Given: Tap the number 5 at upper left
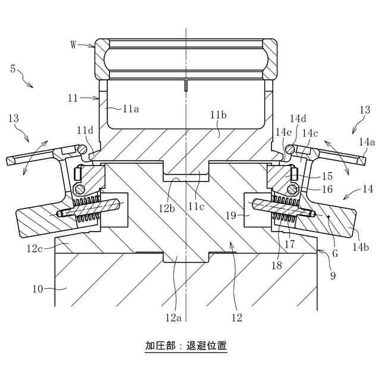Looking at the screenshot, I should point(13,68).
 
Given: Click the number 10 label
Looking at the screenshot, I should point(38,289).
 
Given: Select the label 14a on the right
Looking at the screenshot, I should point(367,142).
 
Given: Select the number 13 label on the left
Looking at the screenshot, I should point(16,119).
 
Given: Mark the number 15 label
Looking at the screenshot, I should point(327,176).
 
